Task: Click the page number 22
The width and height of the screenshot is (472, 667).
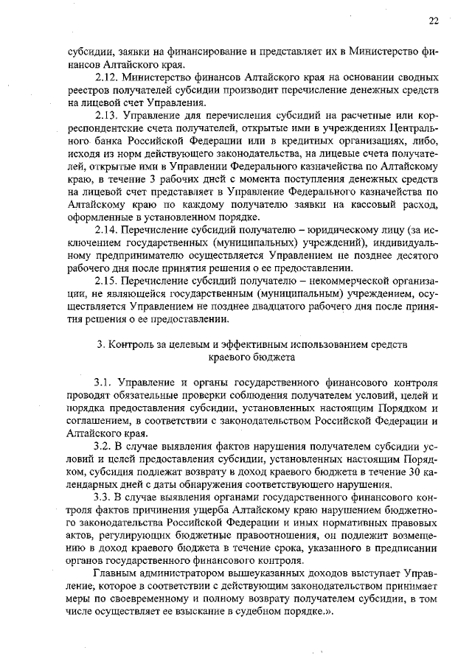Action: [x=434, y=21]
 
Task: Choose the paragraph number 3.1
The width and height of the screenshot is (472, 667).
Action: [x=103, y=383]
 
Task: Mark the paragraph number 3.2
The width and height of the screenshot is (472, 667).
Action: [x=103, y=447]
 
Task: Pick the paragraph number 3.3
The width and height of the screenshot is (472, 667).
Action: [x=103, y=497]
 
